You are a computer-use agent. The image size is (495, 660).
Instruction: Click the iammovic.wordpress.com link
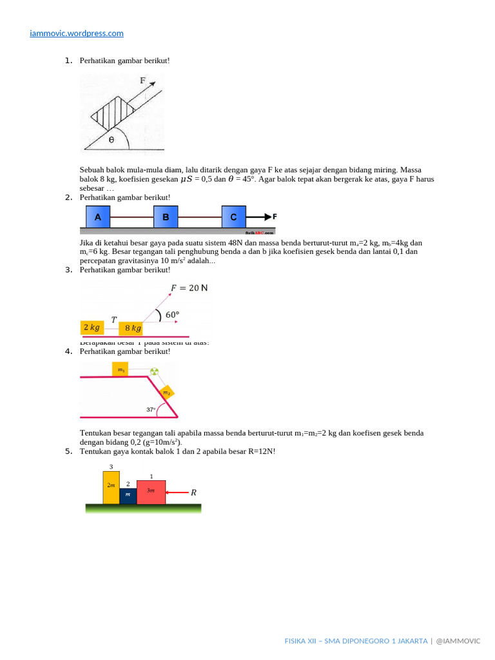(77, 33)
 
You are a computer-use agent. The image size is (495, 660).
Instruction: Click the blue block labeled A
(98, 218)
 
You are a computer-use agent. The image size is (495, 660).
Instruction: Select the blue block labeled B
(166, 218)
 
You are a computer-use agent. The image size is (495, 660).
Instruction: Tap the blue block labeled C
(233, 218)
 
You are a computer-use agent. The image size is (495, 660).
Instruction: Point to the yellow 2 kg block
(92, 327)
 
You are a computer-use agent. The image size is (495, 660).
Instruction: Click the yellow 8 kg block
(133, 328)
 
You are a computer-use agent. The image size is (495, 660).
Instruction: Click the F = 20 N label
(189, 287)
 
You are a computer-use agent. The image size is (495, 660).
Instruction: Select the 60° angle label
(172, 315)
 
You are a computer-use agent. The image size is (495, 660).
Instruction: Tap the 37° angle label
(151, 409)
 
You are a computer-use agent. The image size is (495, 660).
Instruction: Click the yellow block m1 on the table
(121, 370)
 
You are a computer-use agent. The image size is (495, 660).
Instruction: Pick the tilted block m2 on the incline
(166, 392)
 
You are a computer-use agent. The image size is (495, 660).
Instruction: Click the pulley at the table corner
(154, 371)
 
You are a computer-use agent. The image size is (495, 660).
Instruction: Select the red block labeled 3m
(151, 491)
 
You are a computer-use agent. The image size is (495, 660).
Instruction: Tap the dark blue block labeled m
(128, 495)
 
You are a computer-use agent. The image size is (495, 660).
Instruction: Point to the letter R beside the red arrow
(193, 492)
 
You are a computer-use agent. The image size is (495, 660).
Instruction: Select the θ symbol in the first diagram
(111, 139)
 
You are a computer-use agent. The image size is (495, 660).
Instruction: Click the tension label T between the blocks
(113, 319)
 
